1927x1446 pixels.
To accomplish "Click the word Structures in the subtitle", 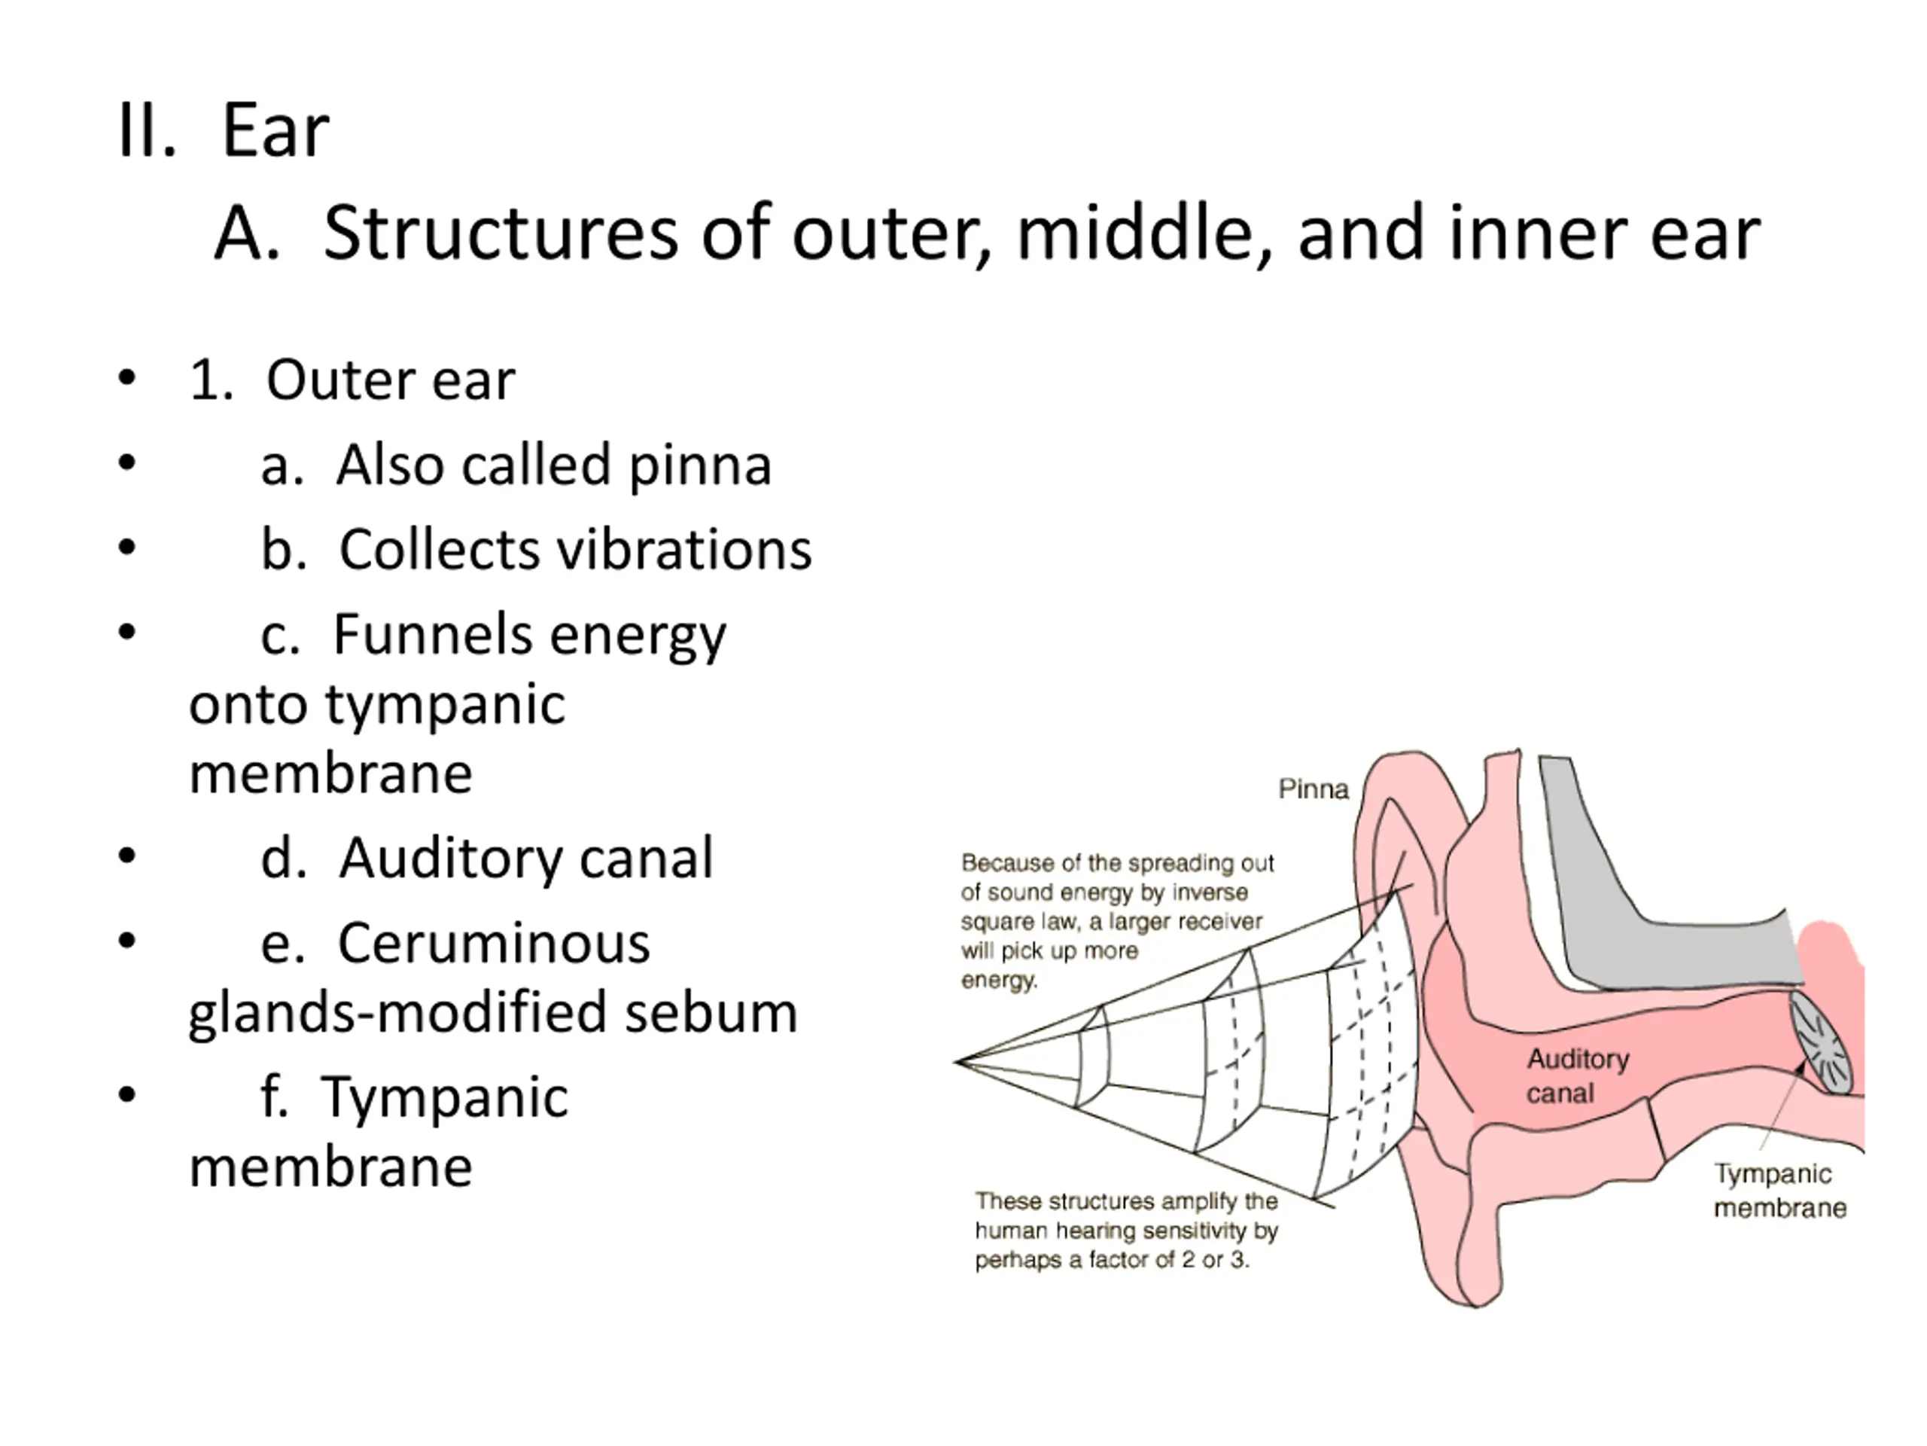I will [x=500, y=233].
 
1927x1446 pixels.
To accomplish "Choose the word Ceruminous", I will [x=493, y=943].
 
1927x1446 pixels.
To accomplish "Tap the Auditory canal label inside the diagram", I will [x=1577, y=1075].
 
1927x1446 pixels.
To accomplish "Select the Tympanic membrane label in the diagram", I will [x=1779, y=1191].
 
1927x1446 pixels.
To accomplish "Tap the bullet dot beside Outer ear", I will [x=127, y=378].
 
